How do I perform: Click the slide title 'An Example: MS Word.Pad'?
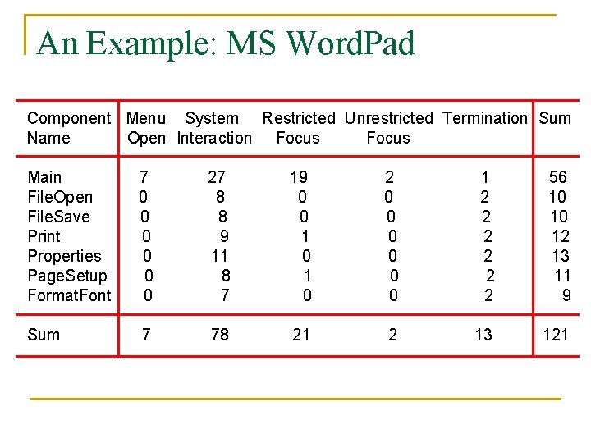pyautogui.click(x=226, y=43)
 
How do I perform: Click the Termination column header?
pyautogui.click(x=484, y=118)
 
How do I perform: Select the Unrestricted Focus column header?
pyautogui.click(x=388, y=128)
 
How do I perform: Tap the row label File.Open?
pyautogui.click(x=60, y=197)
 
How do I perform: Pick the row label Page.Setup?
pyautogui.click(x=67, y=276)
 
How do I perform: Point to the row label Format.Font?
pyautogui.click(x=69, y=295)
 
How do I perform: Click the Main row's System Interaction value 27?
pyautogui.click(x=217, y=177)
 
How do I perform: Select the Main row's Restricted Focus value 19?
pyautogui.click(x=299, y=177)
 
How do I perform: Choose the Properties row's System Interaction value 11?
pyautogui.click(x=220, y=256)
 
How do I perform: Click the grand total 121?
pyautogui.click(x=556, y=335)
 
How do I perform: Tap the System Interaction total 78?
pyautogui.click(x=220, y=335)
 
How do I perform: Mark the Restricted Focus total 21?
pyautogui.click(x=301, y=335)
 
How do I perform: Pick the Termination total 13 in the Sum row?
pyautogui.click(x=484, y=335)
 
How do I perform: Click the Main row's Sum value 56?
pyautogui.click(x=558, y=177)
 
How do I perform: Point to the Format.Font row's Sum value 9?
pyautogui.click(x=566, y=295)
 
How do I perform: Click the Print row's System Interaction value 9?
pyautogui.click(x=224, y=236)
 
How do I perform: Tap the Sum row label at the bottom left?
pyautogui.click(x=44, y=335)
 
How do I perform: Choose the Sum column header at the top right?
pyautogui.click(x=555, y=118)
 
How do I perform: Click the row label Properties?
pyautogui.click(x=64, y=256)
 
